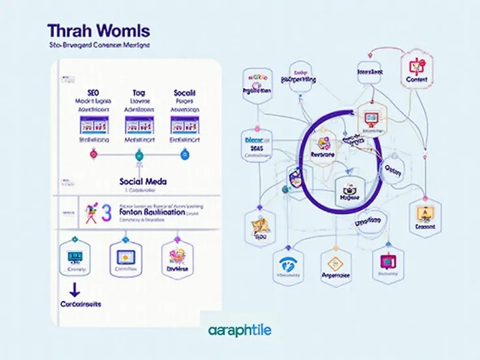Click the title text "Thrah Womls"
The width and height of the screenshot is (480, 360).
coord(98,31)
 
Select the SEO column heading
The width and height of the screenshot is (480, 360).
coord(93,93)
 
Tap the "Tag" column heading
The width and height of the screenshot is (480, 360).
coord(139,93)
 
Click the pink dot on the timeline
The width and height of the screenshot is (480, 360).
coord(93,154)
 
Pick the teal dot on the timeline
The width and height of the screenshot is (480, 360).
coord(139,154)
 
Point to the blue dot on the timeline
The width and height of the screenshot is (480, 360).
coord(184,154)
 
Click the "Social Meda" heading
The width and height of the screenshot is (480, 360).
coord(143,181)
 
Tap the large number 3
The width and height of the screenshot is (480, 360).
coord(106,212)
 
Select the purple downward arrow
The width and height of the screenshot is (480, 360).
coord(74,290)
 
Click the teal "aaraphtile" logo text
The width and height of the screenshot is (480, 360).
coord(240,331)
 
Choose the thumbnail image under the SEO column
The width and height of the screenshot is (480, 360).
coord(94,125)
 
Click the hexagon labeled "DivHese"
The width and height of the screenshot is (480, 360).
coord(177,259)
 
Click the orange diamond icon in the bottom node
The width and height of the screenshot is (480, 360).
coord(336,263)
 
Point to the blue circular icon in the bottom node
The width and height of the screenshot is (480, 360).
coord(288,263)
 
